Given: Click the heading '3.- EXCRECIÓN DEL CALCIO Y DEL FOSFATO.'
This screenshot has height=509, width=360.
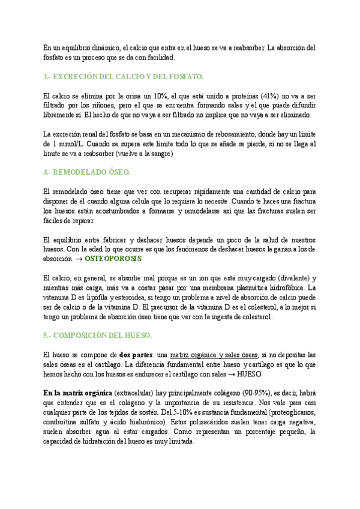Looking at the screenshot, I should [x=124, y=77].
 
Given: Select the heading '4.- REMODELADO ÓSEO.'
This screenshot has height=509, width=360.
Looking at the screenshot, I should [x=86, y=172].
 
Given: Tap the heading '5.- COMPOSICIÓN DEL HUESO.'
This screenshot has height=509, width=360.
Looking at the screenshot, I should [x=98, y=334].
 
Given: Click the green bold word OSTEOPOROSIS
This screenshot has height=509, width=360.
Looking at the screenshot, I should [x=113, y=258].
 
